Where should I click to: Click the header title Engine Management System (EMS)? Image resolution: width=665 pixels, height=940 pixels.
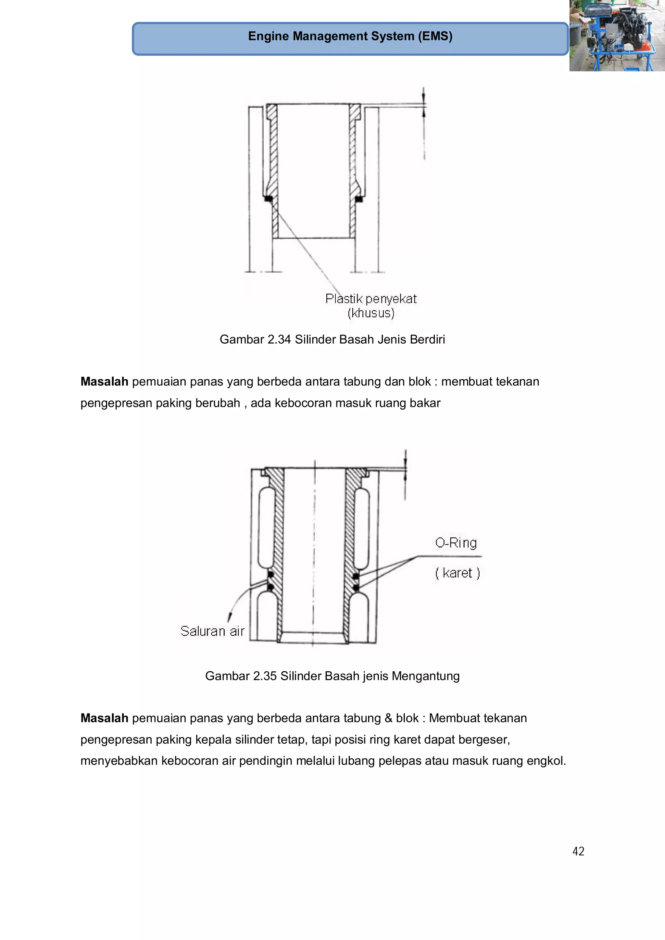click(350, 36)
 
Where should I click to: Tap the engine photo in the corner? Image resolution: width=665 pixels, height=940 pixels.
click(617, 36)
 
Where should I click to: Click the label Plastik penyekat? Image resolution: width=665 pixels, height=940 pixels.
click(370, 299)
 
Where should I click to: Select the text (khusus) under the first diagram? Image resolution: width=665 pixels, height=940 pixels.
click(371, 313)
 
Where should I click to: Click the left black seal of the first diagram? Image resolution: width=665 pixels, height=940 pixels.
click(269, 199)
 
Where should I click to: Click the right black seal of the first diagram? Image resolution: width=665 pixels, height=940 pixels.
click(359, 199)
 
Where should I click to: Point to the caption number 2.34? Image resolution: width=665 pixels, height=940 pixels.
click(279, 339)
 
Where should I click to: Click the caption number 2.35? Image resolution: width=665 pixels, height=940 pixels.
click(264, 676)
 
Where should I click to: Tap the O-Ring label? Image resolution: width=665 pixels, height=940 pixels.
click(456, 543)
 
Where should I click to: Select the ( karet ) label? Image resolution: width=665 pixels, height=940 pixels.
click(457, 573)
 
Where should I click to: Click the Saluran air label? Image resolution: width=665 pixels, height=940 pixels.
click(212, 631)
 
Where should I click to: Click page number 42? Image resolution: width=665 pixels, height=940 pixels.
click(578, 851)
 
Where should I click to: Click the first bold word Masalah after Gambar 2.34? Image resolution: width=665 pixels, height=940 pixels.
click(104, 382)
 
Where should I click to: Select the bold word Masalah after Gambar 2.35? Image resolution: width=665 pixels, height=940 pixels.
click(104, 718)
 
